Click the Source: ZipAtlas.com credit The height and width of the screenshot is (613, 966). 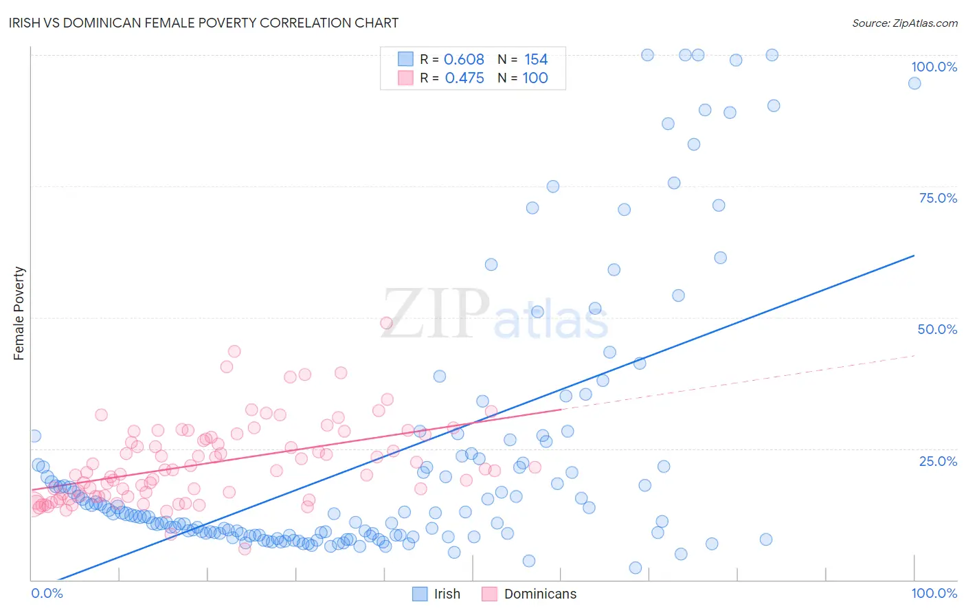pyautogui.click(x=904, y=23)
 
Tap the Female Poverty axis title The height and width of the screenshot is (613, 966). pyautogui.click(x=19, y=313)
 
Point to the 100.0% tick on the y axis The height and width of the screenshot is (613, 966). pyautogui.click(x=934, y=67)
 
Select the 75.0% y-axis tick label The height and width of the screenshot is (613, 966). pyautogui.click(x=938, y=198)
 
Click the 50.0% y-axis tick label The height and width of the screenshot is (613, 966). pyautogui.click(x=937, y=329)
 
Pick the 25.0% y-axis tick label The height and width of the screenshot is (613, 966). pyautogui.click(x=938, y=460)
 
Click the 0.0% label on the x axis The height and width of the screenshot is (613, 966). pyautogui.click(x=47, y=593)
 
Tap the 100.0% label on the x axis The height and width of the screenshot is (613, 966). pyautogui.click(x=934, y=593)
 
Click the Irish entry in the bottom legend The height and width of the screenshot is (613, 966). pyautogui.click(x=447, y=594)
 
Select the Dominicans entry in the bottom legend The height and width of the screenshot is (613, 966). pyautogui.click(x=540, y=594)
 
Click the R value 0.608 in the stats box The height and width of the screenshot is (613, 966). pyautogui.click(x=464, y=60)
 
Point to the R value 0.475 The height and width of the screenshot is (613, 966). pyautogui.click(x=464, y=78)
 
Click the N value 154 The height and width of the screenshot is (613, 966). pyautogui.click(x=536, y=60)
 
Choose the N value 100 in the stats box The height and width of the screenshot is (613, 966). pyautogui.click(x=535, y=78)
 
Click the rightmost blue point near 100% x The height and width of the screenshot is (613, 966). pyautogui.click(x=914, y=83)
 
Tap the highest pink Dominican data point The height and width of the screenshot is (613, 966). pyautogui.click(x=386, y=323)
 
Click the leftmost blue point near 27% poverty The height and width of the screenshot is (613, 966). pyautogui.click(x=34, y=436)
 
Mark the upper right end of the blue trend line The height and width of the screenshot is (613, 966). pyautogui.click(x=914, y=256)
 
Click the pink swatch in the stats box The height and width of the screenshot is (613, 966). pyautogui.click(x=406, y=78)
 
